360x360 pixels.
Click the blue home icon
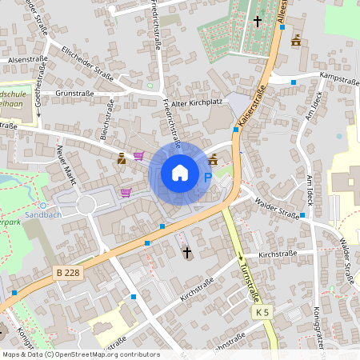179,172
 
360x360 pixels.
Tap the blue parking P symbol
208,177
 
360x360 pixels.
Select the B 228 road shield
70,274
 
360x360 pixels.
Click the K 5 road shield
262,311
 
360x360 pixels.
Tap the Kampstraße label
337,77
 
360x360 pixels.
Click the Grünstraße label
75,94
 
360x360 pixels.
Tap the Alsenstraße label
27,59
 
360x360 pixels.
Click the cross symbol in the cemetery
258,20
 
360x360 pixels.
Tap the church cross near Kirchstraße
187,253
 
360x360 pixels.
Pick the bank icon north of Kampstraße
297,40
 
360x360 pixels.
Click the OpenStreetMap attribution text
80,354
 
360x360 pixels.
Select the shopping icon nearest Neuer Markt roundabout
126,192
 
